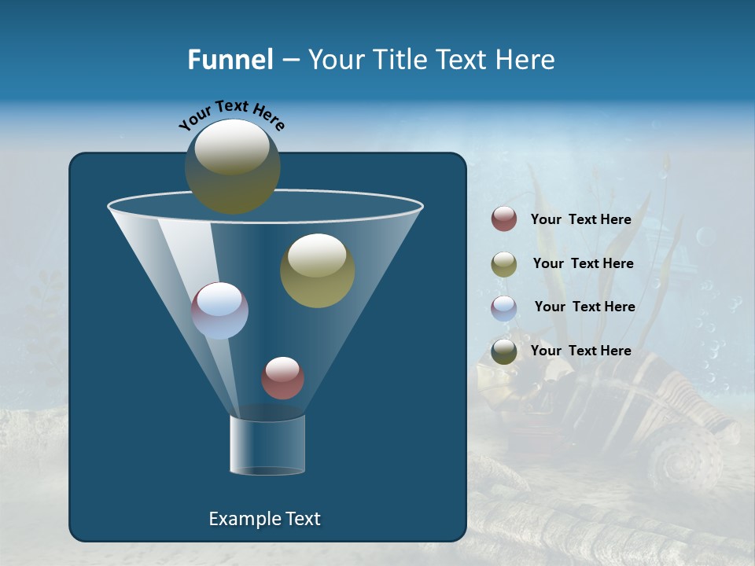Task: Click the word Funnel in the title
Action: (230, 60)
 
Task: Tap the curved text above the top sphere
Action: (232, 116)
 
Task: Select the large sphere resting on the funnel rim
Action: (232, 166)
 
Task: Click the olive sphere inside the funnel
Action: (317, 270)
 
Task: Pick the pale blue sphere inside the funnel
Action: (219, 311)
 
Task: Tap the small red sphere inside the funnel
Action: (282, 377)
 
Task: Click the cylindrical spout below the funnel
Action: (267, 445)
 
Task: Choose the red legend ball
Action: (504, 219)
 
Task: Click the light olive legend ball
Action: (504, 263)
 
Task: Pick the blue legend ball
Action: (504, 307)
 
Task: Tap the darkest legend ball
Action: (504, 351)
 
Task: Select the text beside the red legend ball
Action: (580, 220)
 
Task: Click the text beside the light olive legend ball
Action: (583, 264)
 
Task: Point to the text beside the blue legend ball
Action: (584, 307)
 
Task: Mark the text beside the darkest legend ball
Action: (580, 351)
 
